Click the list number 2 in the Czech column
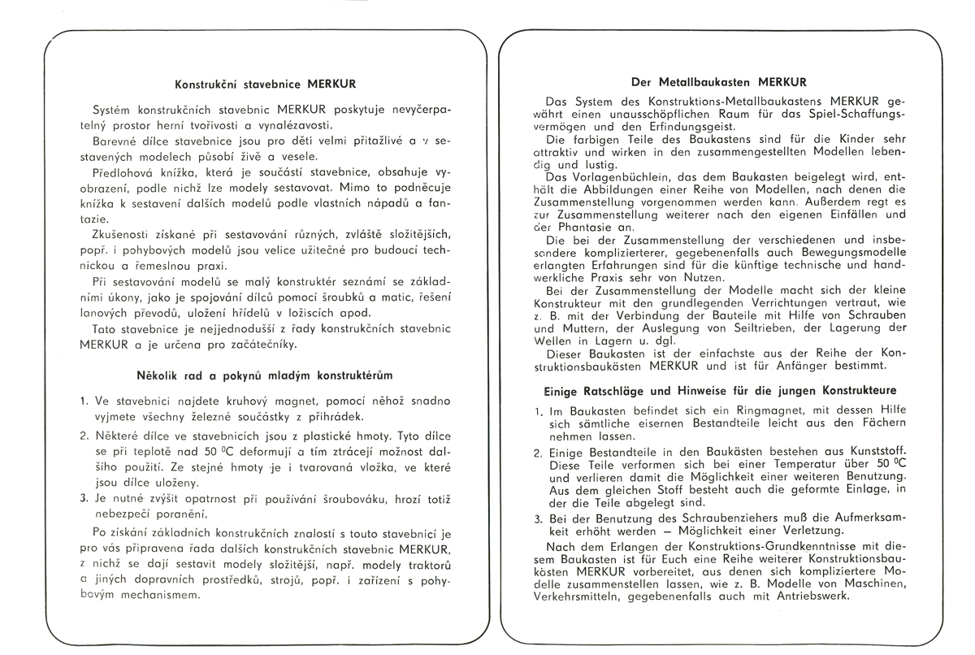tap(84, 436)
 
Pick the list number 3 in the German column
tap(538, 519)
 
